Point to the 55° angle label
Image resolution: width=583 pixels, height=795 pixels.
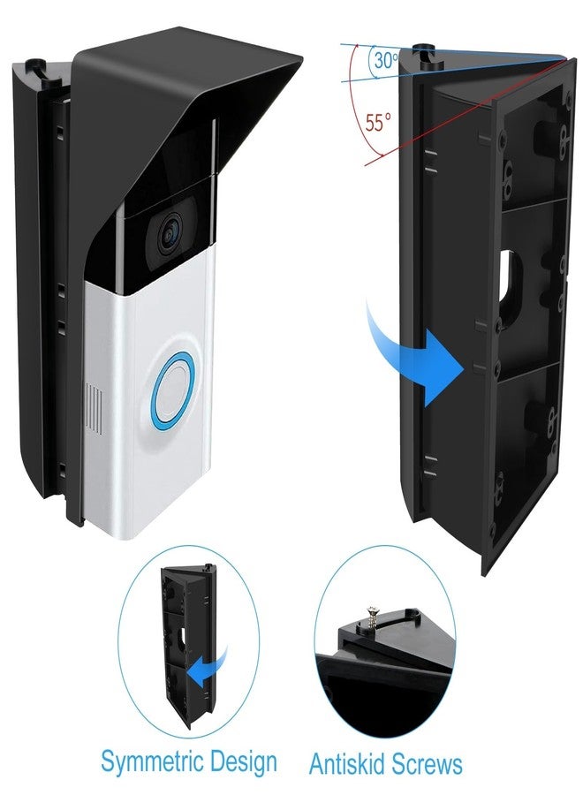pyautogui.click(x=378, y=123)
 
